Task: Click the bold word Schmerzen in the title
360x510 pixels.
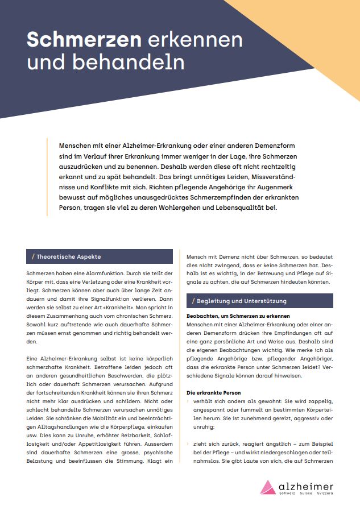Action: (84, 40)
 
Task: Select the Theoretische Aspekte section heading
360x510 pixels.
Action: (67, 256)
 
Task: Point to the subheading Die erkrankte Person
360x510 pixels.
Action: (213, 392)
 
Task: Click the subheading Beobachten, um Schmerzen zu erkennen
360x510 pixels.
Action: (238, 316)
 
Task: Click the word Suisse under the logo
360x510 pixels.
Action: (306, 494)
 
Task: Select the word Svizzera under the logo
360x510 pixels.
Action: (324, 494)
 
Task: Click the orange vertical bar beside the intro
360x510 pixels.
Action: (47, 176)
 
